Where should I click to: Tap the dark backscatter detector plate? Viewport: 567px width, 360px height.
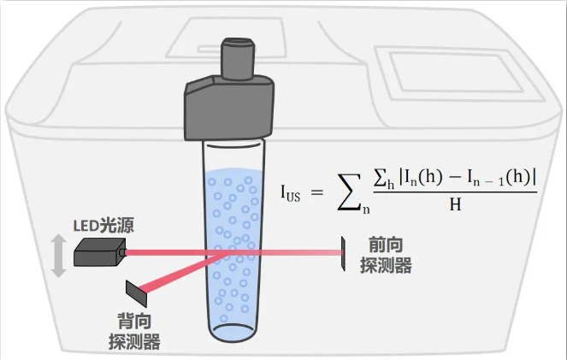click(x=136, y=292)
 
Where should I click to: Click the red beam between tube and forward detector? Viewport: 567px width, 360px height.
click(x=299, y=253)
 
